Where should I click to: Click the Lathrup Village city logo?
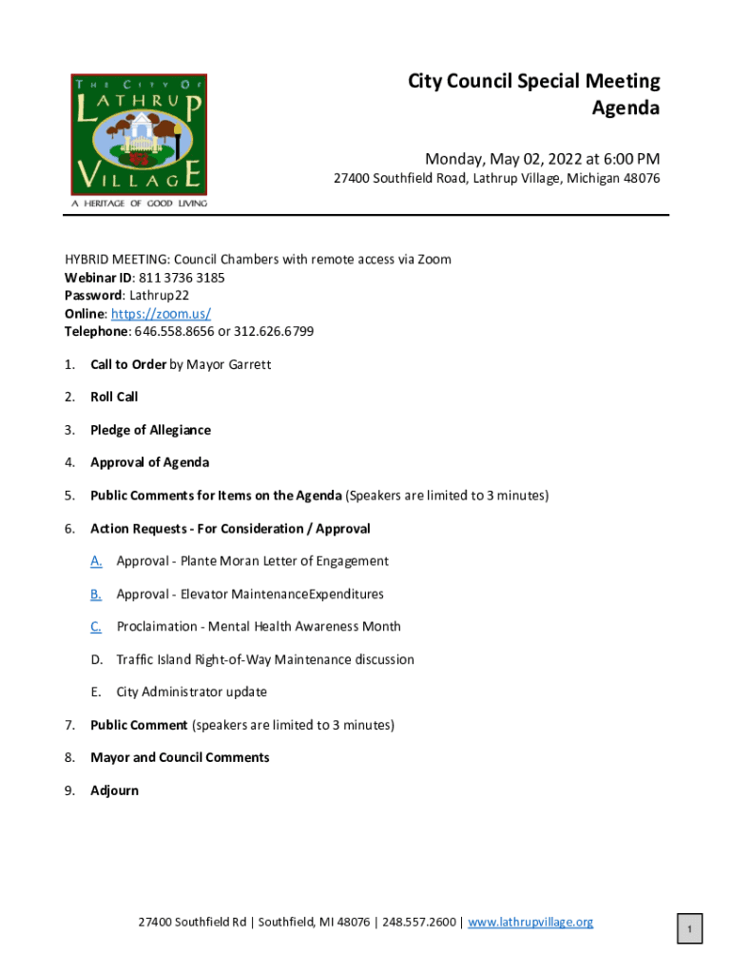(x=139, y=135)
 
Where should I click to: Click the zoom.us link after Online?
(x=161, y=314)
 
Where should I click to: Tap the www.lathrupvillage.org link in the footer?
(x=530, y=922)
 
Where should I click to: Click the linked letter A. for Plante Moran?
(x=97, y=561)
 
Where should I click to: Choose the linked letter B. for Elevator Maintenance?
(x=97, y=594)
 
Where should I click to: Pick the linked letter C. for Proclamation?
(x=97, y=627)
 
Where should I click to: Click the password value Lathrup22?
(x=160, y=296)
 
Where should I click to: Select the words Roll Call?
(x=114, y=397)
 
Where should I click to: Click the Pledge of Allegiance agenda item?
(x=150, y=430)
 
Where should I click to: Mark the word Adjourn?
(x=114, y=790)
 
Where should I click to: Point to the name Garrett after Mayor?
(x=249, y=364)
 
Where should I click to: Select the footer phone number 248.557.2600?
(x=419, y=922)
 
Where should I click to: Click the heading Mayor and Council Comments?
(x=180, y=758)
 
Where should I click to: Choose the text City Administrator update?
(x=191, y=692)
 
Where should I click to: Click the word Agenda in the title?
(x=626, y=108)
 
